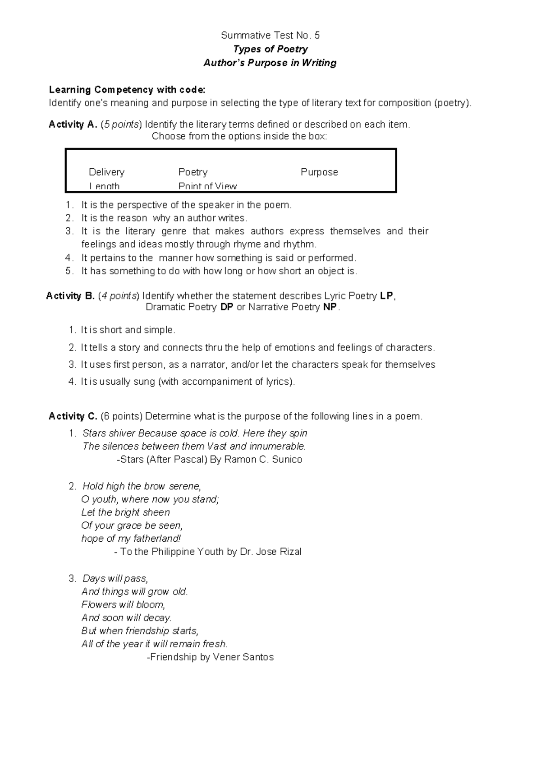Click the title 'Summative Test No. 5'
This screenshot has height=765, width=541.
[270, 35]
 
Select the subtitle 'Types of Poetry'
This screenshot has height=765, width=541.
[270, 49]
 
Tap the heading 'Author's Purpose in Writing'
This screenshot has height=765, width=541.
[270, 63]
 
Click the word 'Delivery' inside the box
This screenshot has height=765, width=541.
[106, 172]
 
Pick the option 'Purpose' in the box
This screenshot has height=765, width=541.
[319, 172]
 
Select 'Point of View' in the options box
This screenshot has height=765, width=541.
[207, 186]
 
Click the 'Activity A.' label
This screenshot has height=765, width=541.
[73, 124]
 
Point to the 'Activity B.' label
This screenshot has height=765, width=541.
[70, 296]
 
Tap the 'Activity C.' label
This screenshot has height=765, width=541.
[73, 416]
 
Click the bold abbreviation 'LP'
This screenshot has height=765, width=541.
[387, 296]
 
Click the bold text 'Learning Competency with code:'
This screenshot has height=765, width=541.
[127, 90]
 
